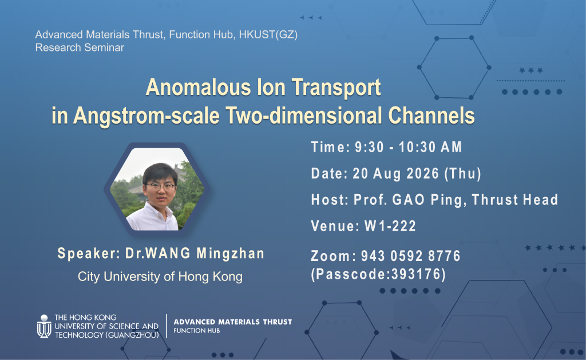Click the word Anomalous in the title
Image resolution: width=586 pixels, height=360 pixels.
tap(198, 87)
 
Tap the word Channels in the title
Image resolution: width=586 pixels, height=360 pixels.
tap(431, 115)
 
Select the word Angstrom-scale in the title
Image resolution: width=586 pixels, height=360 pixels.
tap(146, 116)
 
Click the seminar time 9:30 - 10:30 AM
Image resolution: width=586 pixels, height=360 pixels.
tap(409, 147)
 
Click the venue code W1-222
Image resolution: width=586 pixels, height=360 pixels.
tap(390, 226)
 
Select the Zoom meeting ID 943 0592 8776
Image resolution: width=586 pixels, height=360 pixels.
tap(410, 256)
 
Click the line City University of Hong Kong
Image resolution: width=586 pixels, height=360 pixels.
tap(160, 276)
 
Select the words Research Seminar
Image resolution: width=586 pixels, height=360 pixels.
tap(80, 48)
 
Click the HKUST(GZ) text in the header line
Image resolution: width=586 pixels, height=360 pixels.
tap(268, 35)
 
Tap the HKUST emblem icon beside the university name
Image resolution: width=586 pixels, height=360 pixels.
tap(44, 326)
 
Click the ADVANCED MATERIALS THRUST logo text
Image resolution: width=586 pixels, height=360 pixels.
tap(233, 322)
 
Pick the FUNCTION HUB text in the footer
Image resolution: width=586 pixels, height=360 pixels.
tap(197, 331)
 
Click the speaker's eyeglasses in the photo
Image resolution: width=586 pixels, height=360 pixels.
tap(161, 186)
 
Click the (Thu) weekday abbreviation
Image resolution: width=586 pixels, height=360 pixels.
tap(462, 174)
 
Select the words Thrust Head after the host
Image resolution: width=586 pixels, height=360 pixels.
tap(515, 200)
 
